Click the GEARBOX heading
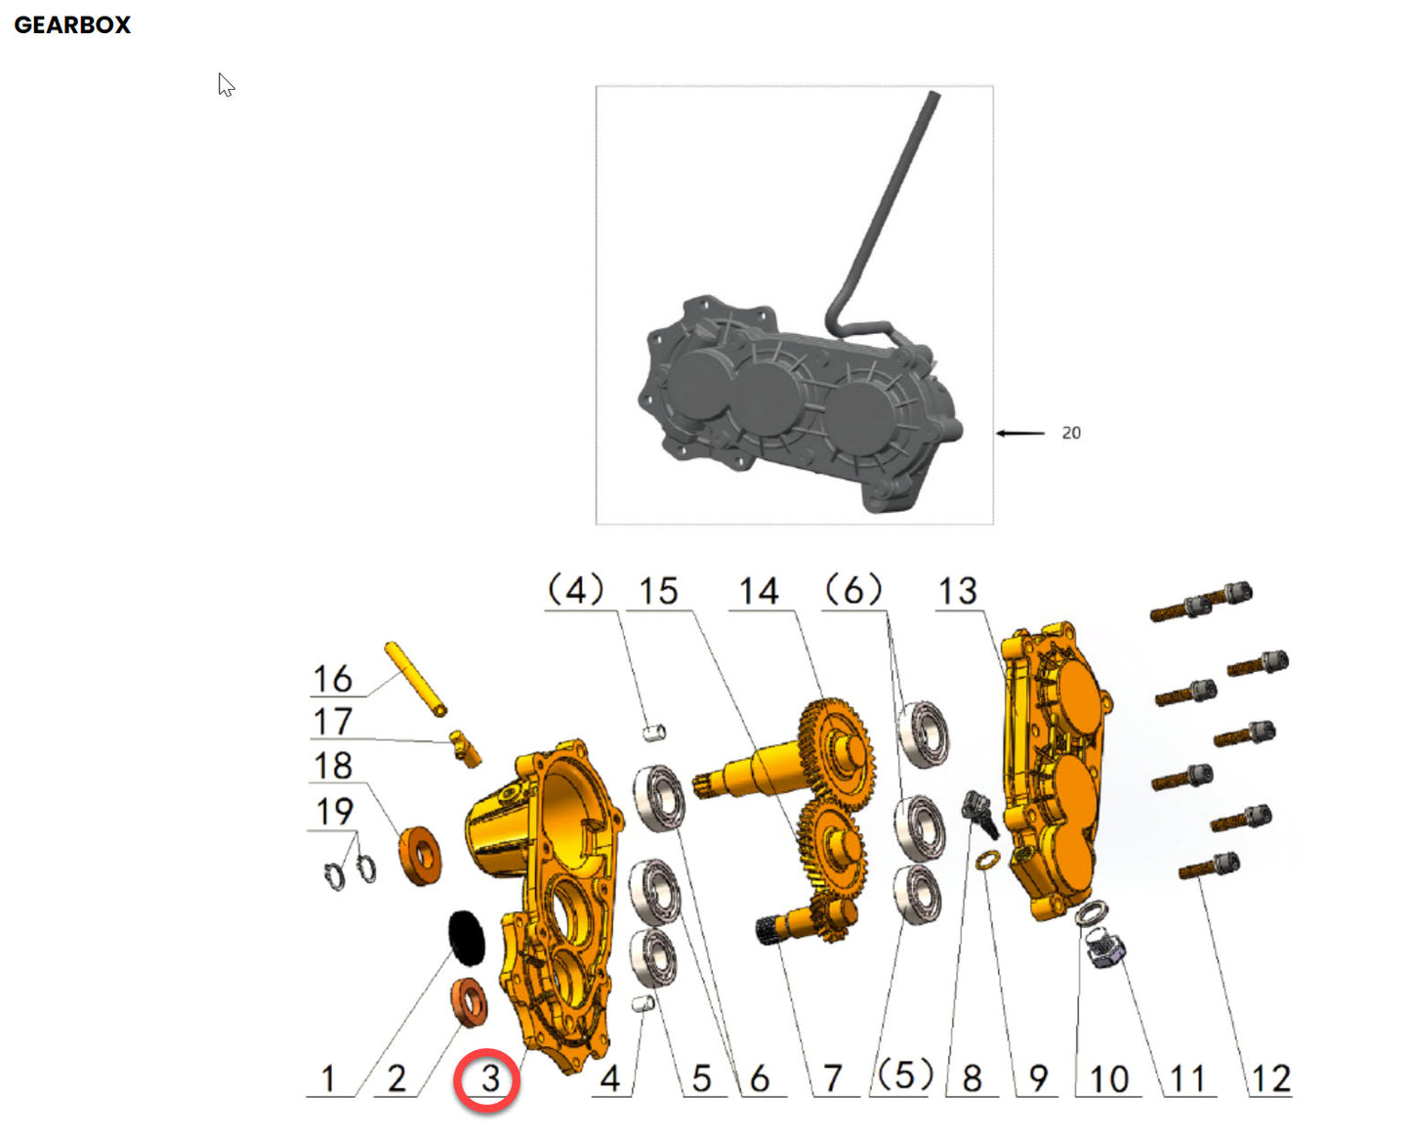click(72, 25)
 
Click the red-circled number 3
click(488, 1079)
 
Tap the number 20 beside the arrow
click(1071, 433)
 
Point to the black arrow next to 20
click(1020, 433)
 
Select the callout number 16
click(332, 679)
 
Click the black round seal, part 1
click(467, 936)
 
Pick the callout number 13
click(957, 591)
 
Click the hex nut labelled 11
click(1105, 948)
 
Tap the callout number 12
click(1270, 1079)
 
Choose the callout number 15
click(658, 591)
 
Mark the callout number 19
click(334, 811)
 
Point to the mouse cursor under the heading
click(227, 86)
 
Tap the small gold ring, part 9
click(987, 859)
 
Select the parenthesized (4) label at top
click(575, 590)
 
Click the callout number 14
click(759, 591)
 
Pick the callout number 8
click(972, 1079)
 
